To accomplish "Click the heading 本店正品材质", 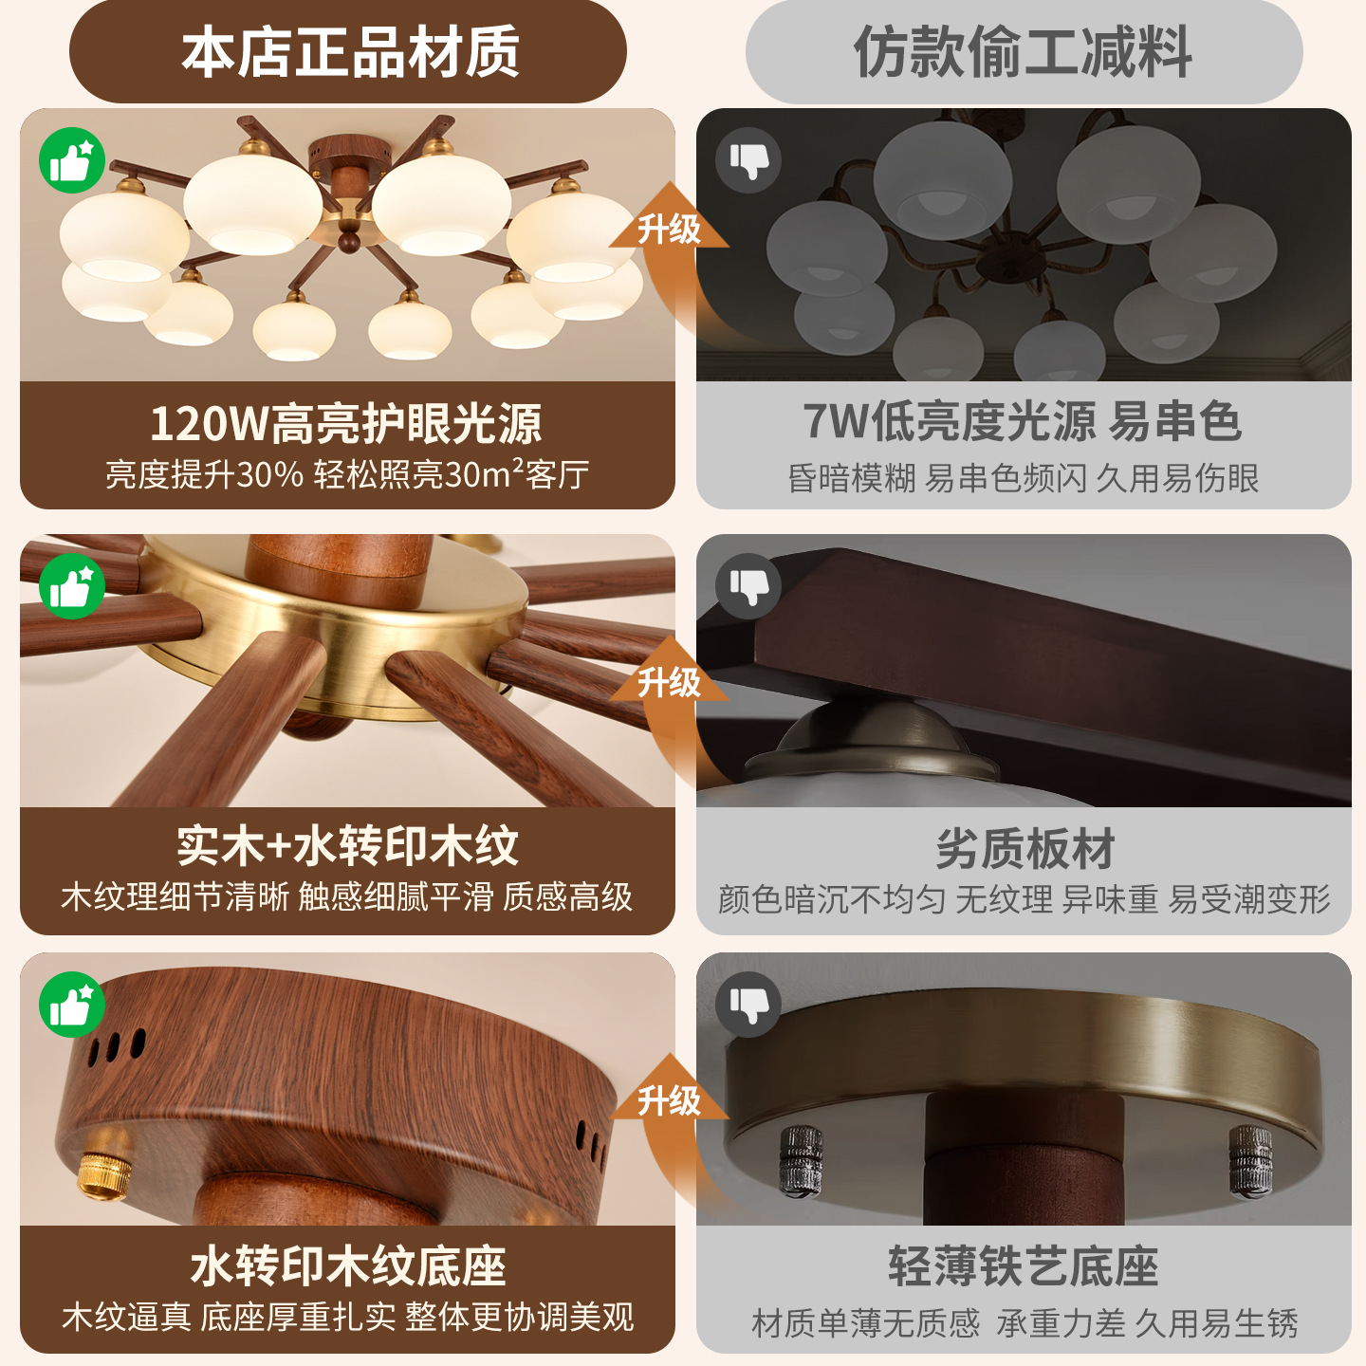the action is tap(350, 52).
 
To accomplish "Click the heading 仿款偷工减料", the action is tap(1023, 52).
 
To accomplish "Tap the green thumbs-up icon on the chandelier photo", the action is tap(71, 160).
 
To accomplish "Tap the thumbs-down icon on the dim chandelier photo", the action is tap(748, 160).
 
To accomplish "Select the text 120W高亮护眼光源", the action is tap(346, 423).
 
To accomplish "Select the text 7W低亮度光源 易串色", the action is tap(1023, 421).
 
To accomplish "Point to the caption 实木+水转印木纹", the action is tap(347, 845).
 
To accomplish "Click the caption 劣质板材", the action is tap(1025, 848).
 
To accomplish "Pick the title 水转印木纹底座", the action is tap(348, 1266).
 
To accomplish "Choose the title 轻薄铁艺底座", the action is tap(1024, 1266).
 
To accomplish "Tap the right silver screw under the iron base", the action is tap(1250, 1159).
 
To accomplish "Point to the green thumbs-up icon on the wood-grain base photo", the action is tap(71, 1005).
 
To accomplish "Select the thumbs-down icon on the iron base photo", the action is tap(748, 1005).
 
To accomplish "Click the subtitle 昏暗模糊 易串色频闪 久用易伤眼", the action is tap(1023, 478).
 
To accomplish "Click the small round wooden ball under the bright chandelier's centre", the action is tap(348, 240).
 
